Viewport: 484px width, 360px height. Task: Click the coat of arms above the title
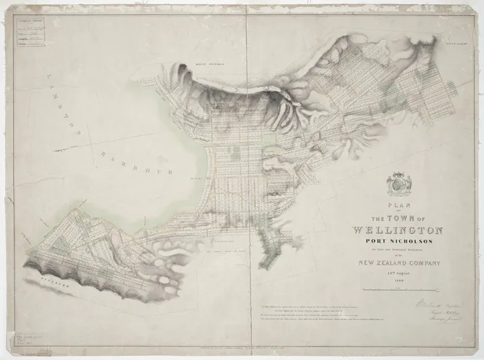[399, 184]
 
